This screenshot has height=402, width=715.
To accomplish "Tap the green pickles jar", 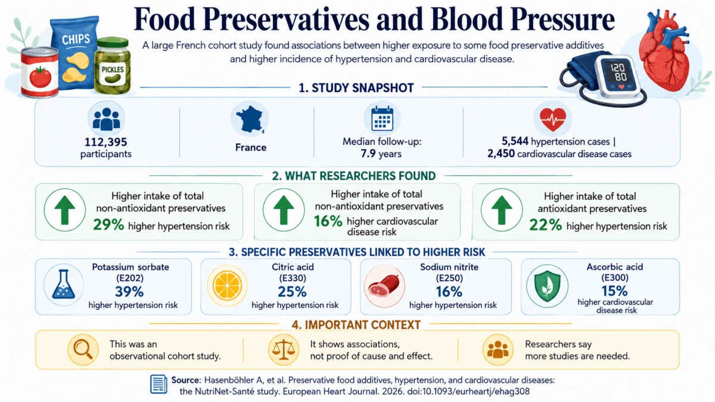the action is (x=113, y=66).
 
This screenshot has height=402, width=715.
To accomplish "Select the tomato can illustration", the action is (x=39, y=73).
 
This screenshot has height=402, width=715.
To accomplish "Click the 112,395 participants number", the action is (x=105, y=142).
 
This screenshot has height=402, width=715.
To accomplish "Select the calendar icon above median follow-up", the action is (x=382, y=119).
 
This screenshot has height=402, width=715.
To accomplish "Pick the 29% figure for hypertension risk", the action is (x=108, y=225).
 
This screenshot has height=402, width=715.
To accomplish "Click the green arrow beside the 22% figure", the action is (x=502, y=210).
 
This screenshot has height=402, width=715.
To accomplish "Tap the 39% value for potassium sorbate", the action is (x=129, y=292).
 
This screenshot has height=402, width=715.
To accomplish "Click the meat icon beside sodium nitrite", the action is (x=384, y=285).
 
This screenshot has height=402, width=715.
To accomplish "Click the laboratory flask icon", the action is (x=64, y=284).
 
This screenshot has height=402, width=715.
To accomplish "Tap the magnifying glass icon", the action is (x=82, y=350).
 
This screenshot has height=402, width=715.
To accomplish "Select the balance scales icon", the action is (x=284, y=350).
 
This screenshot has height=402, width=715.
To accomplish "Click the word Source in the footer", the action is (x=185, y=381).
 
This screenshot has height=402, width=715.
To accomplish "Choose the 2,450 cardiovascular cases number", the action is (x=501, y=154).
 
